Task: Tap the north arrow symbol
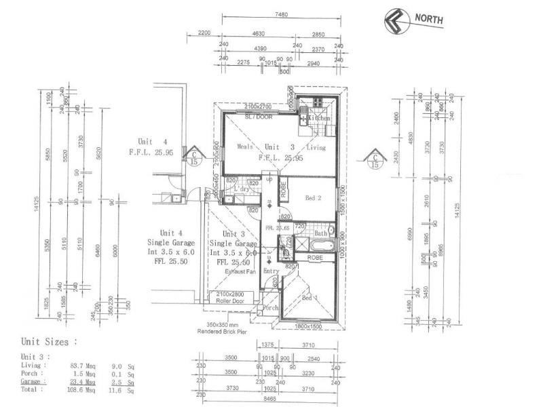click(x=394, y=21)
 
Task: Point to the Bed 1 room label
click(x=310, y=298)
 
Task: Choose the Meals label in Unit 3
click(x=244, y=147)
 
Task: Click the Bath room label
click(x=320, y=233)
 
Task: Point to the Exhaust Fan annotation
click(x=240, y=271)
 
